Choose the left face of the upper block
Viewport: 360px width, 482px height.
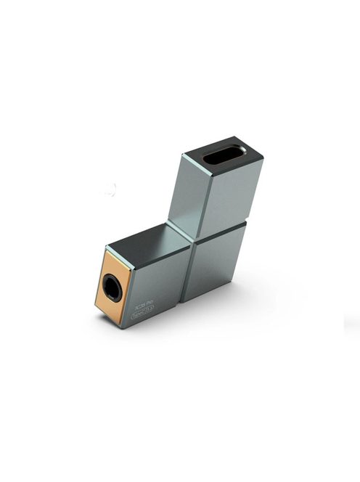click(x=184, y=192)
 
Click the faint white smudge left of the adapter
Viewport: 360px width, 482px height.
click(x=109, y=190)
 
